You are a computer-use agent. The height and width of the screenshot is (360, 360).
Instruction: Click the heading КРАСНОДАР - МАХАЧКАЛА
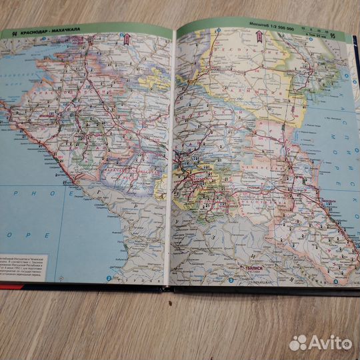(43, 32)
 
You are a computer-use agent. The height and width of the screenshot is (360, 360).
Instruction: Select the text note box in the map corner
(27, 257)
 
